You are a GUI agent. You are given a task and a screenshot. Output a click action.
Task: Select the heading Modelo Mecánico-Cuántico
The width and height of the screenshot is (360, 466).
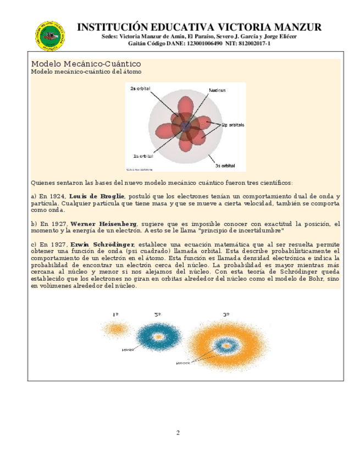(86, 64)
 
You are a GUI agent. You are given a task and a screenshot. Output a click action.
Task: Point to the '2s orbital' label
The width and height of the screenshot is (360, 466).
(141, 88)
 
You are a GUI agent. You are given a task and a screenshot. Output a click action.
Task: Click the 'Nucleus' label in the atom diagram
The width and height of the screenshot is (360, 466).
(217, 90)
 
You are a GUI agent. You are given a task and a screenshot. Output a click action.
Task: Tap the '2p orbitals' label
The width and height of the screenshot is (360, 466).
(234, 124)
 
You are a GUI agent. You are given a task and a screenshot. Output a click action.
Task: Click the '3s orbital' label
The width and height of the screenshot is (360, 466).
(225, 165)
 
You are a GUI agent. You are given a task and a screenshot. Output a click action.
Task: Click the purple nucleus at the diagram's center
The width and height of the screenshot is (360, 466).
(186, 126)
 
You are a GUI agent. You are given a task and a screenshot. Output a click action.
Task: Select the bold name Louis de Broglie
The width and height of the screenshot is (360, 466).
(97, 196)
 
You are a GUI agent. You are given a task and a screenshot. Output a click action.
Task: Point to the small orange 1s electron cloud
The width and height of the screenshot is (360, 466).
(116, 329)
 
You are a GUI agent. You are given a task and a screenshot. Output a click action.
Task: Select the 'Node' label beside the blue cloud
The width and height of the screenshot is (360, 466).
(128, 349)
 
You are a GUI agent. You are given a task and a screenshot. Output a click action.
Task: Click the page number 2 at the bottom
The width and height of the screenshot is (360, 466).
(178, 432)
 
